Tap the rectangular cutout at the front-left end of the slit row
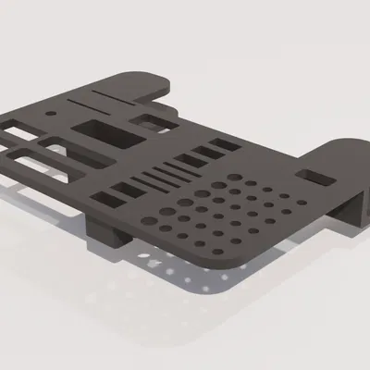[116, 194]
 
